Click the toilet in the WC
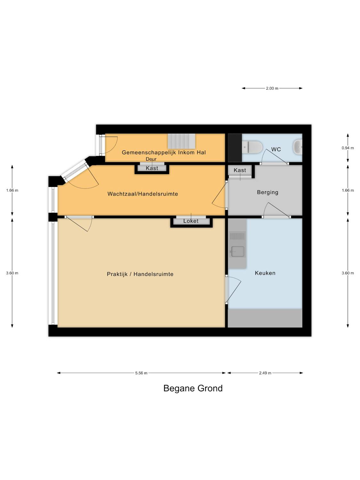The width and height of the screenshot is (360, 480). tap(252, 147)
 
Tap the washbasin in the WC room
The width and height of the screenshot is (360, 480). tap(298, 147)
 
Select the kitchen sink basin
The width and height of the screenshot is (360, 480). tap(237, 251)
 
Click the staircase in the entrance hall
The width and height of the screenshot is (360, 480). tap(181, 141)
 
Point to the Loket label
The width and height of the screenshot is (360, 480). tap(191, 221)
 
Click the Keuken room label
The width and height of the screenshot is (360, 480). tap(265, 273)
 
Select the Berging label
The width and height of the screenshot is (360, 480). tap(268, 192)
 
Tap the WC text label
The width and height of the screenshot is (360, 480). tap(276, 149)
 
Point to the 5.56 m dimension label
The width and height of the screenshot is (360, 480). tap(141, 373)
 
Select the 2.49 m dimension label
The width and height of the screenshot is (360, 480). tap(265, 373)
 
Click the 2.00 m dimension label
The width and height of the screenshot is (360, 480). tap(272, 88)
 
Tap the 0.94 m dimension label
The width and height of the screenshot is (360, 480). tap(348, 148)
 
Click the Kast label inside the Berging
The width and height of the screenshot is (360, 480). tap(240, 170)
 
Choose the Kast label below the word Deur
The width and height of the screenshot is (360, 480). tap(152, 168)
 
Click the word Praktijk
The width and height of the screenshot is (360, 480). tap(117, 274)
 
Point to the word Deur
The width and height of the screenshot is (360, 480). tap(151, 159)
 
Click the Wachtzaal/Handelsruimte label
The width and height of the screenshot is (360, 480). tap(142, 194)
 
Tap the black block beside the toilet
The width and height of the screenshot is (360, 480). tap(235, 148)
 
